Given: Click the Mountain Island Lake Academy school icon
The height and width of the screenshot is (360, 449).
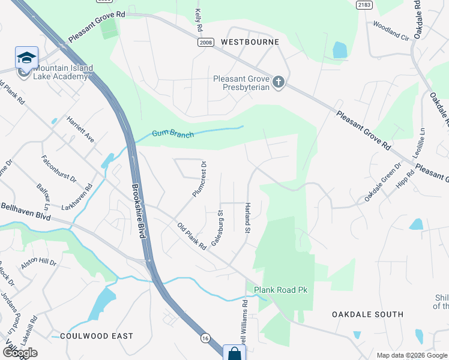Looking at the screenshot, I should pos(26,58).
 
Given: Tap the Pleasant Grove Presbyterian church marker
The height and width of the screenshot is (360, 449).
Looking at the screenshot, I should pos(278,82).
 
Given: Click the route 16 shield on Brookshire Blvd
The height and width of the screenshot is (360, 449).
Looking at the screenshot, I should pos(205,338).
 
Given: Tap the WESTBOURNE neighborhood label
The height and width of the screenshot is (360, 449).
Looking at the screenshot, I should pos(250,42).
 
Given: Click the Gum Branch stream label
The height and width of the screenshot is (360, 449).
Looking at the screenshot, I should pos(173,134).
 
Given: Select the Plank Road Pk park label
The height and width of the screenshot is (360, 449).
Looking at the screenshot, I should pos(280,290).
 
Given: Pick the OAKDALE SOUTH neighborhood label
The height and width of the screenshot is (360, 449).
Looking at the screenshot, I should pos(368,314).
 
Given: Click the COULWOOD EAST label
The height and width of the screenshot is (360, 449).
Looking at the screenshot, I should pos(96,336).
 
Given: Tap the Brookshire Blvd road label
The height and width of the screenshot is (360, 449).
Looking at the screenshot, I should pos(139,211).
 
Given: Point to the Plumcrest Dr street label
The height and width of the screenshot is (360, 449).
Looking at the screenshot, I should pos(199,179).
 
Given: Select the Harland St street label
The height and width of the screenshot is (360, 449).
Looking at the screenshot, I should pos(247,218).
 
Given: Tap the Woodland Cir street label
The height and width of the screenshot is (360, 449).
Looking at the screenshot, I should pos(390,31).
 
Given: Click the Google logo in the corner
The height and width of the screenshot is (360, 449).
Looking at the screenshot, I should pos(19,353).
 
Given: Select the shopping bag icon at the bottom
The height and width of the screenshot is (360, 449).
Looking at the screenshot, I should pos(233,353).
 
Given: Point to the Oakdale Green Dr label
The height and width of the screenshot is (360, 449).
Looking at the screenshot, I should pos(381,182).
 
